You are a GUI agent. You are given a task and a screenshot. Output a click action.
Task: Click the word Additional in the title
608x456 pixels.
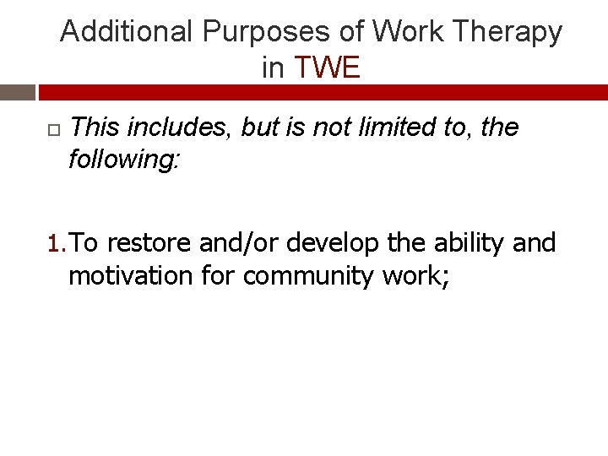click(127, 32)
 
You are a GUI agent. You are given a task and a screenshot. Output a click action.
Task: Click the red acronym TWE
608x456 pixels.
click(327, 68)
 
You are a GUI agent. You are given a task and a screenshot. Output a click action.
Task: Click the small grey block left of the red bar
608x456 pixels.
click(17, 92)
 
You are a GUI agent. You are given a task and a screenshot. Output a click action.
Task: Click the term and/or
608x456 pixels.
click(240, 243)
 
